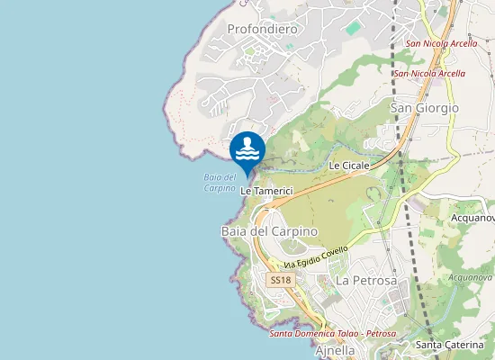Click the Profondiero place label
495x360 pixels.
[262, 29]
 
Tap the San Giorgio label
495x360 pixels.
[424, 108]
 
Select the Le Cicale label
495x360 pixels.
[349, 166]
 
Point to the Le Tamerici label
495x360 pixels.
[267, 191]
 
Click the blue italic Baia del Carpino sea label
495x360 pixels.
[220, 183]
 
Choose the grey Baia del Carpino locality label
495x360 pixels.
[269, 231]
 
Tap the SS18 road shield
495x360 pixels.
[281, 280]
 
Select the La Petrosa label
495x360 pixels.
[366, 281]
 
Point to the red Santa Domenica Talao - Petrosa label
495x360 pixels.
[332, 334]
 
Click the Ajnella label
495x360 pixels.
[336, 350]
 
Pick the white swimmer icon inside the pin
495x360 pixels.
[247, 148]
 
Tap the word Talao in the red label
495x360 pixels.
[347, 334]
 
